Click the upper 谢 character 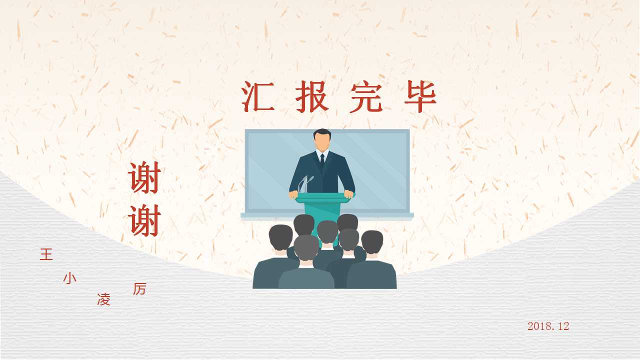coord(144,178)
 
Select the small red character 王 coord(46,254)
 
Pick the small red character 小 coord(70,278)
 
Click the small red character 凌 coord(103,300)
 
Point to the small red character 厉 coord(139,289)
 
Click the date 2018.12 coord(548,326)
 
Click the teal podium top coord(322,198)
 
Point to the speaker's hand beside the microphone coord(294,194)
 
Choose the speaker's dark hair coord(322,133)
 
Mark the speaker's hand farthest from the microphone coord(349,194)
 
